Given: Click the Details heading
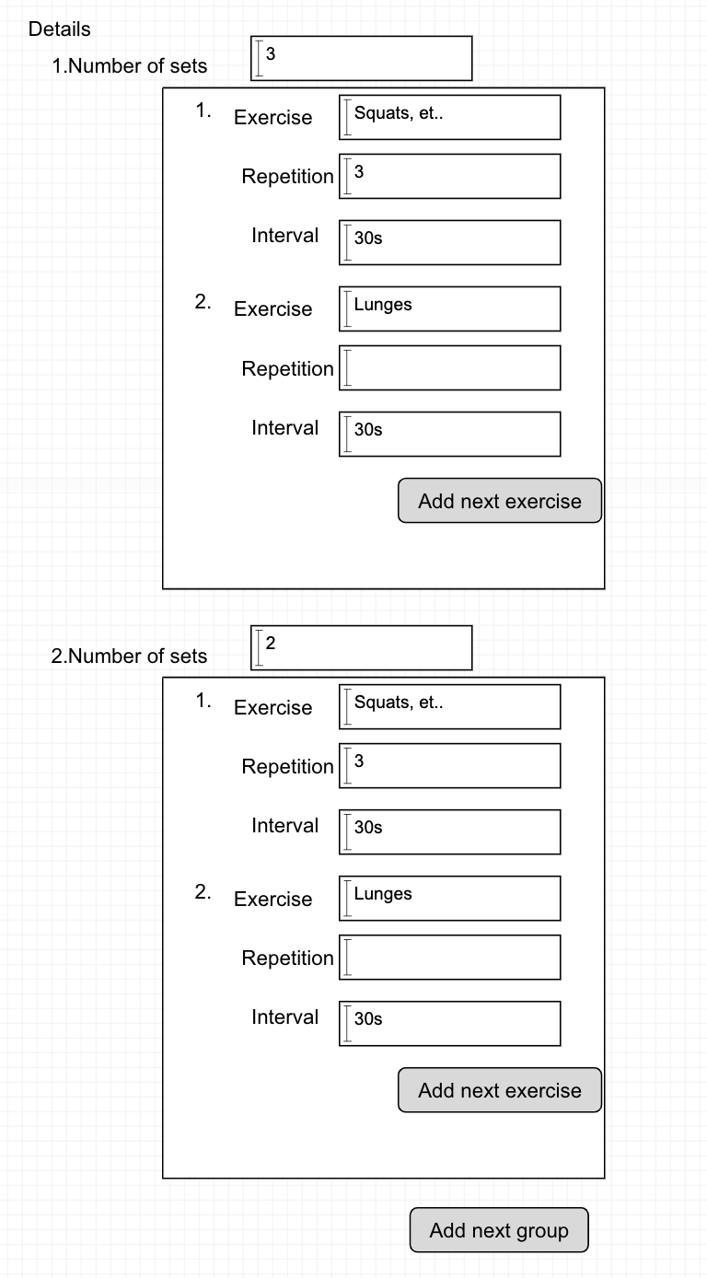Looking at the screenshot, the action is click(x=59, y=29).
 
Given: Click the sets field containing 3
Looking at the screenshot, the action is click(x=361, y=58).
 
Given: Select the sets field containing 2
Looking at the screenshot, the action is click(x=361, y=647).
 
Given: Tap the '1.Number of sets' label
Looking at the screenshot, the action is click(x=130, y=65).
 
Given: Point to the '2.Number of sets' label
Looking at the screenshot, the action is click(x=129, y=656).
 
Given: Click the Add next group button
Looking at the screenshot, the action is click(x=499, y=1229).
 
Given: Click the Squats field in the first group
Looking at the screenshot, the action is click(x=449, y=118).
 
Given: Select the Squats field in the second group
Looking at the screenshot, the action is click(x=449, y=707).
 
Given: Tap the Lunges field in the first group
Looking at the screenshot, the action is click(x=449, y=308).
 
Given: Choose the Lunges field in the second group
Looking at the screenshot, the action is click(x=449, y=898).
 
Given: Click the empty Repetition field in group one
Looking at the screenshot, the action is click(x=449, y=368).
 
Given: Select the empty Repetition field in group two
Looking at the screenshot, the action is click(x=449, y=958).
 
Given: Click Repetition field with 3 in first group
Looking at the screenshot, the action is click(x=449, y=176).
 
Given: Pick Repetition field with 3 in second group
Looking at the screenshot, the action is click(x=449, y=766).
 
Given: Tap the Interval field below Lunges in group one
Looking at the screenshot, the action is click(x=449, y=435).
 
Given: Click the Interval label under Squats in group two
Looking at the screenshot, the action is click(x=284, y=826).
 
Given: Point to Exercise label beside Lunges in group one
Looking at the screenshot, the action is click(x=273, y=308).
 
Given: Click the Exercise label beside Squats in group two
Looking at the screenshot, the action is click(x=273, y=707).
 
